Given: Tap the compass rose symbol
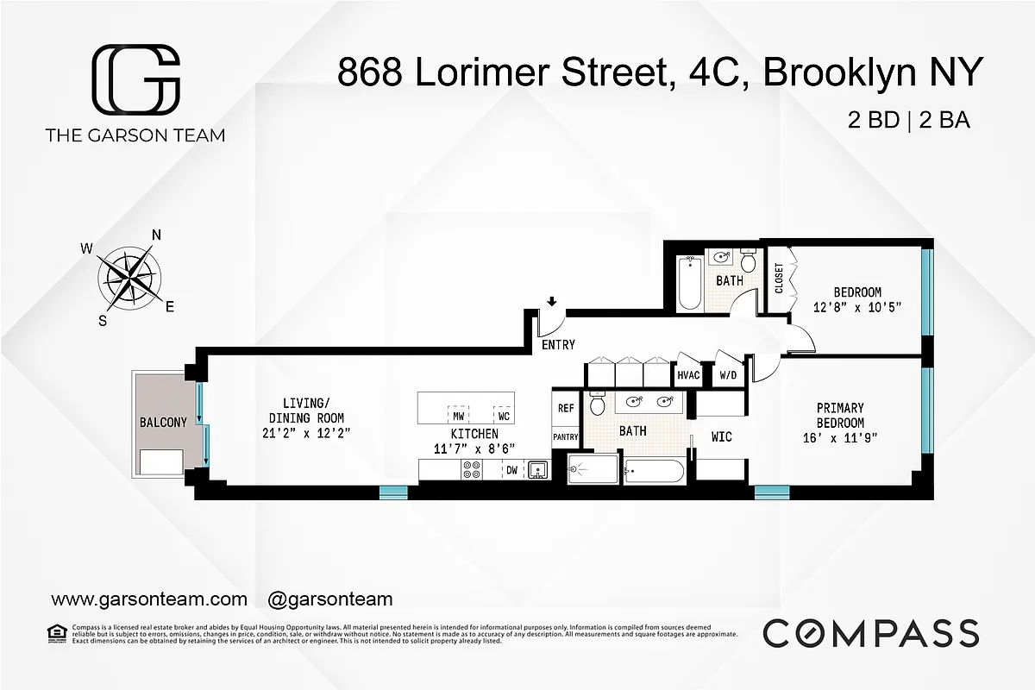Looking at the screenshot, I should (128, 278).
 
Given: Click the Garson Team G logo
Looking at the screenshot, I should (135, 80).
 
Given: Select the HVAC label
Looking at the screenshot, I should (688, 375).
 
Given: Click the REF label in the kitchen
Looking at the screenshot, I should (566, 408).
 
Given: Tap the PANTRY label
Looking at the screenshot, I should (566, 437).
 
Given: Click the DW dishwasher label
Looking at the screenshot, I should (511, 470).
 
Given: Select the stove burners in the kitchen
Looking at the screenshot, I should (472, 470).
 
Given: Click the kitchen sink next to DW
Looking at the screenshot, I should (537, 470).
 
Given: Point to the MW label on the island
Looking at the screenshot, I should (459, 415).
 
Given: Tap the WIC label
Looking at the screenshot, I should (721, 437).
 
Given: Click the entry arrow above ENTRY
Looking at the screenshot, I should (552, 301).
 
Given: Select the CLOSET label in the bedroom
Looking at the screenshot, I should (779, 279).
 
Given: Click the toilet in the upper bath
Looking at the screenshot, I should (748, 260).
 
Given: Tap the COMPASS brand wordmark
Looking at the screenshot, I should (871, 632).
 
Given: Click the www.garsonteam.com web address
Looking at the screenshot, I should (149, 599).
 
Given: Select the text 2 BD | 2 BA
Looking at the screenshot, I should (909, 121).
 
